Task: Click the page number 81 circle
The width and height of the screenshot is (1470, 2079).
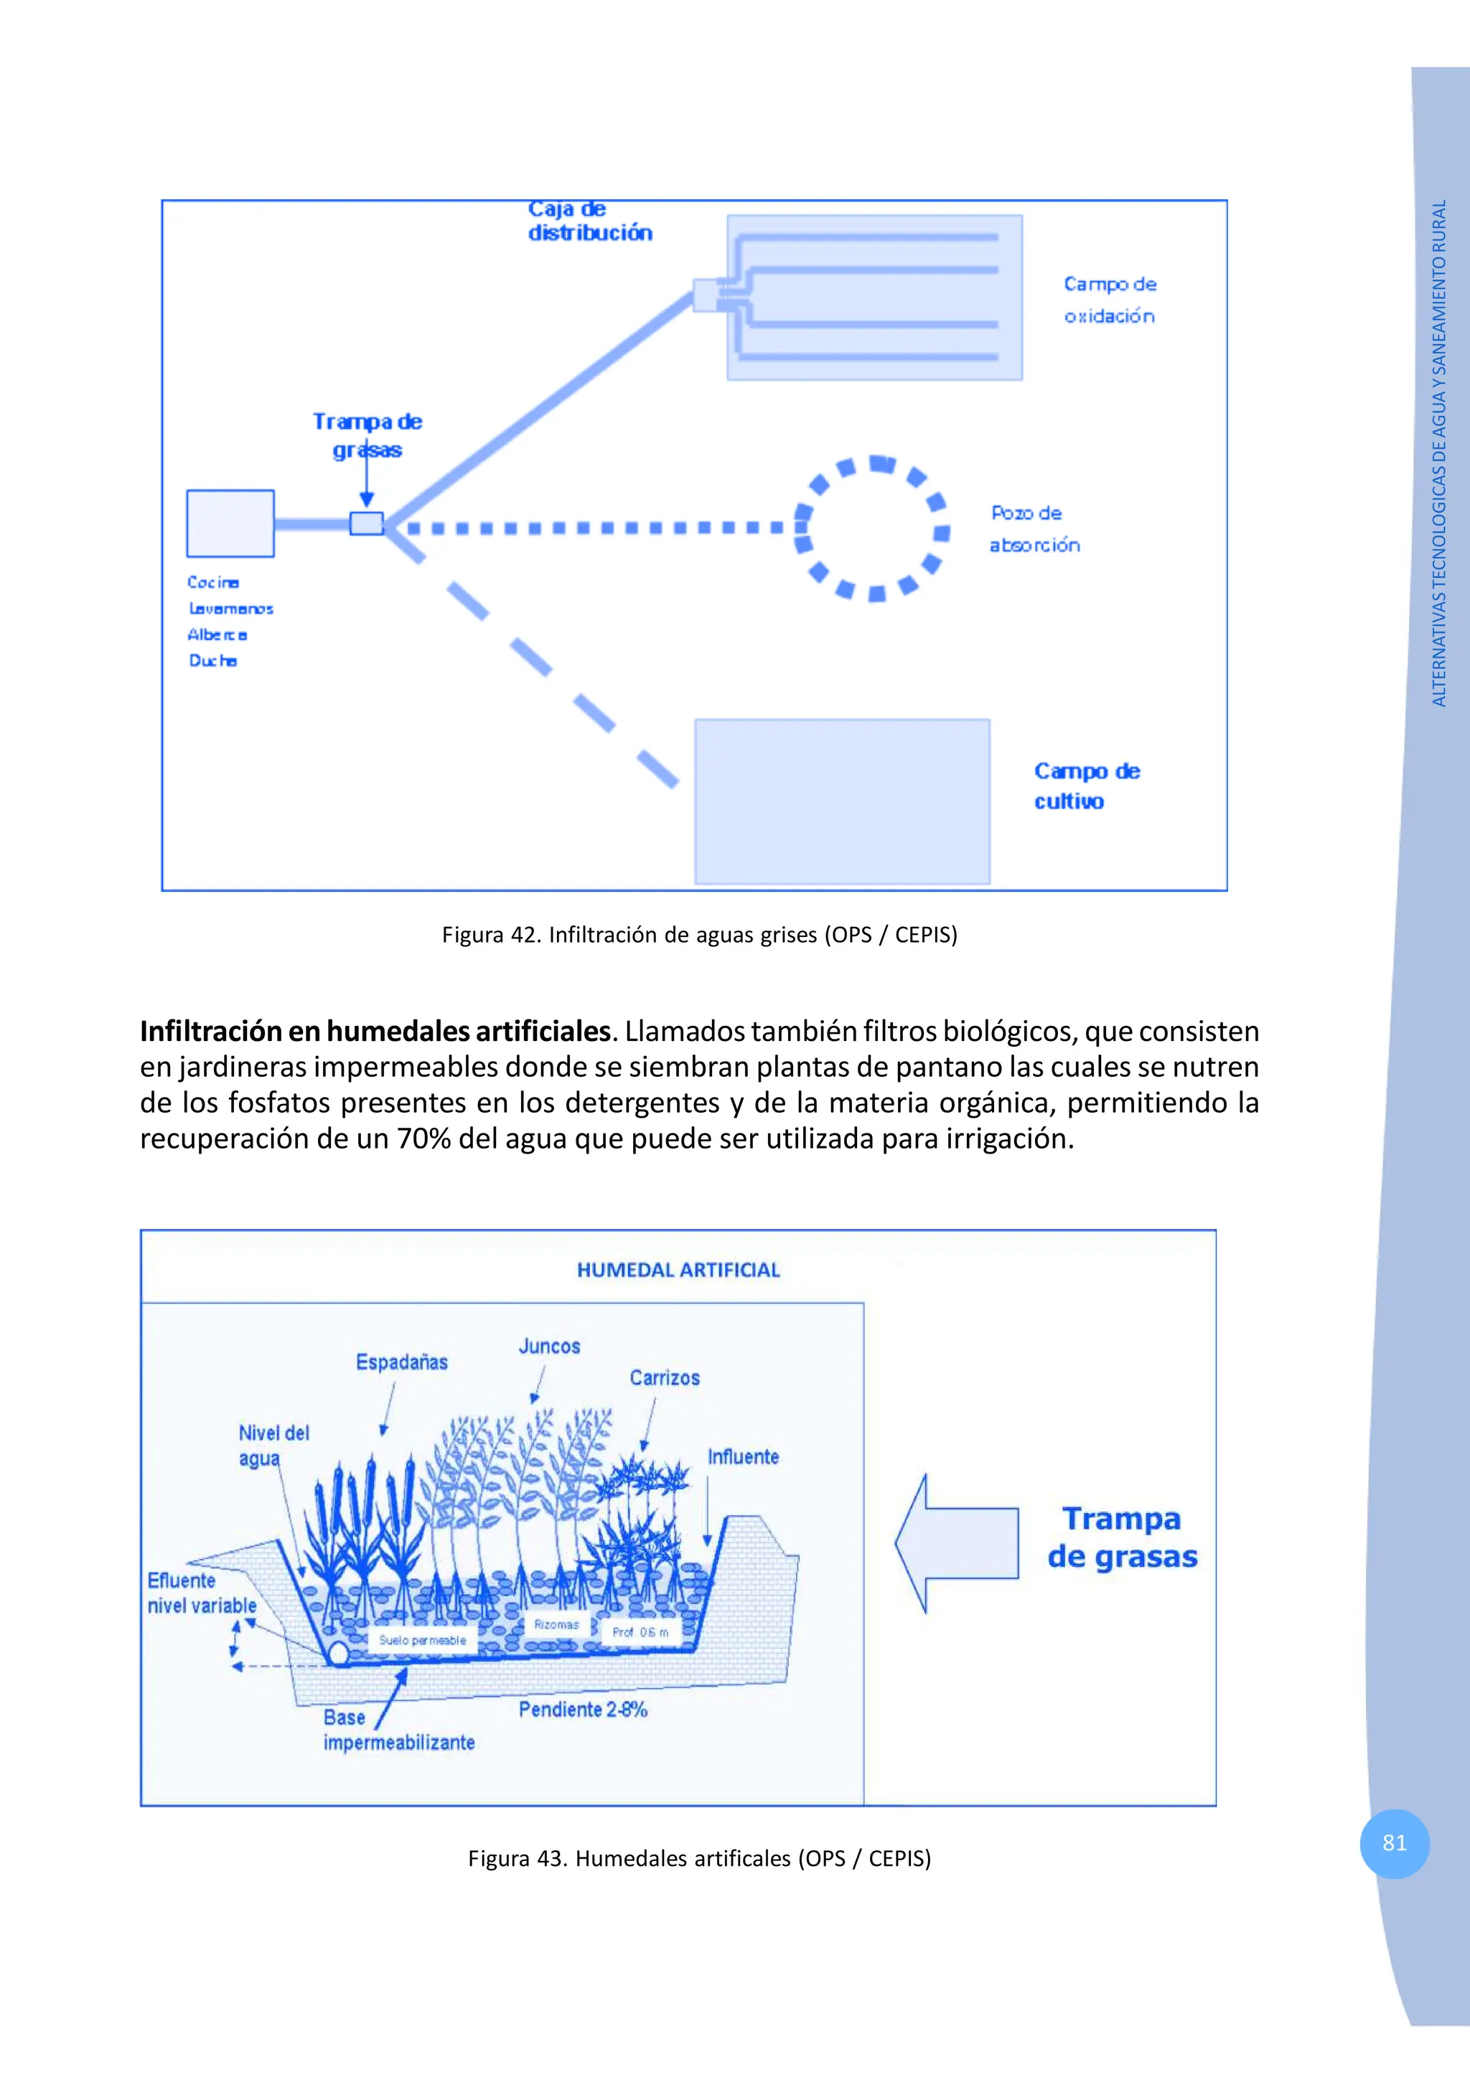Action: (1394, 1843)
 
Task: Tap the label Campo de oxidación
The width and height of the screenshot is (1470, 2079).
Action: (1110, 300)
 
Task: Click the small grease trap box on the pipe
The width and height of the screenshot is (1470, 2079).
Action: (367, 524)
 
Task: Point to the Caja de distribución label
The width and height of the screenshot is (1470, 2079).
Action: (589, 222)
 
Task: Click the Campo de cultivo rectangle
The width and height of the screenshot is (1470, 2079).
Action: (841, 801)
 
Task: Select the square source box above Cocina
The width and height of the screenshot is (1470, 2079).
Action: (230, 524)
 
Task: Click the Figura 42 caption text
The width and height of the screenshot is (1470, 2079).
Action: (699, 935)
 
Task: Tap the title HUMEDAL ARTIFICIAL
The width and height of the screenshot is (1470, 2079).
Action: (678, 1270)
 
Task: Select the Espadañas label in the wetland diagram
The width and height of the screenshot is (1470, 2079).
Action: (401, 1362)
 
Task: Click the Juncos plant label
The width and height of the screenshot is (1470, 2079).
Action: (549, 1347)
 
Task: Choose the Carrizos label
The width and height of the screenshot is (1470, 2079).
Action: (665, 1378)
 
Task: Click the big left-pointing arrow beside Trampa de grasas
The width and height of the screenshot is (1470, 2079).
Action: (955, 1544)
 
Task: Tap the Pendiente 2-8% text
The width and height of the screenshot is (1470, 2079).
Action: (582, 1710)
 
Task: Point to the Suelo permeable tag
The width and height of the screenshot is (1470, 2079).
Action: (422, 1640)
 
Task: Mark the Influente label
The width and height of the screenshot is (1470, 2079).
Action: (743, 1457)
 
